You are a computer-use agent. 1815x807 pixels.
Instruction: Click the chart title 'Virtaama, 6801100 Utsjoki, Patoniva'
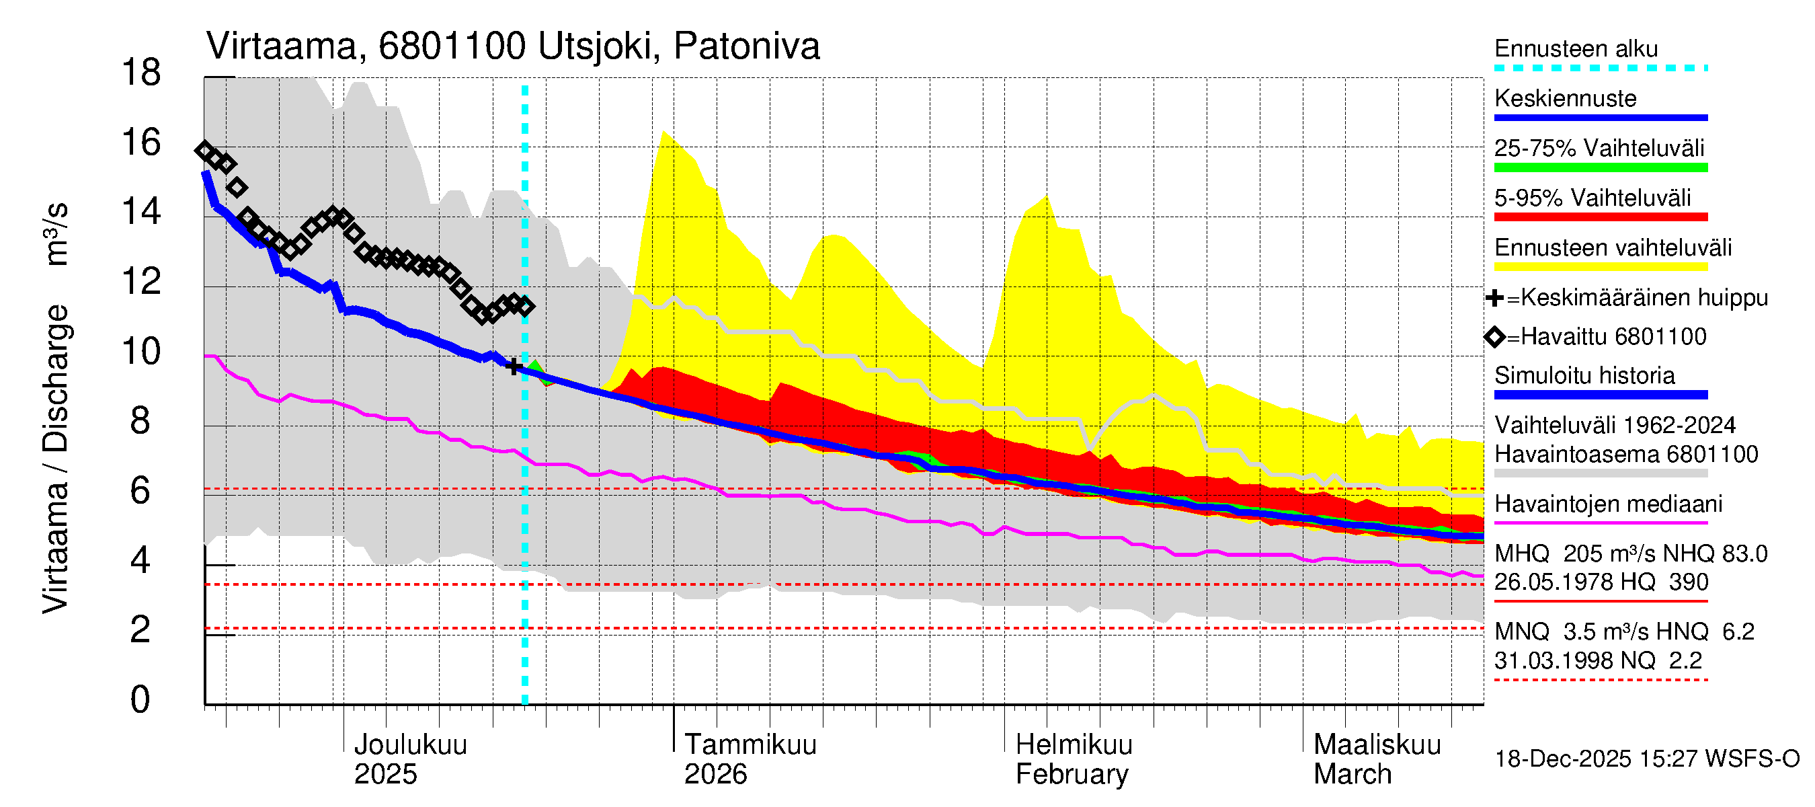tap(512, 46)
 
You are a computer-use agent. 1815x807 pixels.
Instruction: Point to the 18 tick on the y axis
tap(141, 73)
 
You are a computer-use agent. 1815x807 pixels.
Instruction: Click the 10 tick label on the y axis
tap(141, 351)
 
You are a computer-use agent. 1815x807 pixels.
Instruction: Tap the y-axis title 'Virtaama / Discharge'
tap(55, 458)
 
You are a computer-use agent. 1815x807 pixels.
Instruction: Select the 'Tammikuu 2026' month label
tap(750, 759)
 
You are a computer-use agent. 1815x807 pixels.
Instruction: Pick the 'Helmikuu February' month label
tap(1073, 759)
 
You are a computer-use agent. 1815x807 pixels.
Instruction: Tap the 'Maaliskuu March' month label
tap(1377, 759)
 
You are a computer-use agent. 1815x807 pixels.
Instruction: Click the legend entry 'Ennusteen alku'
tap(1576, 49)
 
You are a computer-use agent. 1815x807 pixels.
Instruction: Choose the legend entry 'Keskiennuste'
tap(1565, 99)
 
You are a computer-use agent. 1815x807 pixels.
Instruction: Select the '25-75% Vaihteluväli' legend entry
tap(1599, 149)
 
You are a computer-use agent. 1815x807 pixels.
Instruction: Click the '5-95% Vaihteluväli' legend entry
tap(1592, 198)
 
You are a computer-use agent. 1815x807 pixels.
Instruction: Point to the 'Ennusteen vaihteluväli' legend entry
tap(1612, 248)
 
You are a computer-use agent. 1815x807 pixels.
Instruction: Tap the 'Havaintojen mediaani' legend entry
tap(1608, 504)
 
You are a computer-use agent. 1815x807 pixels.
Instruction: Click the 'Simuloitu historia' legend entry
tap(1584, 376)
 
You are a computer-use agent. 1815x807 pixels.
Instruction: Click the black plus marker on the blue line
tap(514, 366)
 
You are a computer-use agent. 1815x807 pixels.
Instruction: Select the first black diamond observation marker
tap(205, 150)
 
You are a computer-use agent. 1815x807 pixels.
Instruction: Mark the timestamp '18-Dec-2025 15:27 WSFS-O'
tap(1646, 759)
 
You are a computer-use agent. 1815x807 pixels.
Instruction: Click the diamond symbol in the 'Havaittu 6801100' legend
tap(1494, 337)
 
